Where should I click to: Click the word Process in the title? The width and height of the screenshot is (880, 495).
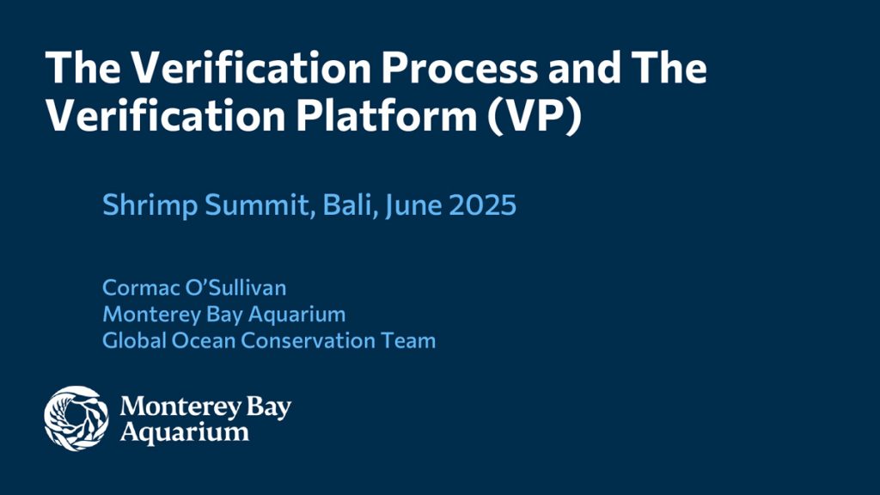click(460, 68)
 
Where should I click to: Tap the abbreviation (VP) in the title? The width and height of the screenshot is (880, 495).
click(535, 117)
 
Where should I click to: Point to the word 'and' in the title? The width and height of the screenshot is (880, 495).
click(584, 67)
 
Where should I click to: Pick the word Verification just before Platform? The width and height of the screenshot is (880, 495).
click(166, 116)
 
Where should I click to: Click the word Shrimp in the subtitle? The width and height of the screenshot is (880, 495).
click(150, 205)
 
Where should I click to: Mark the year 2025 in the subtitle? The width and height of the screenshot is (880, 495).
click(483, 205)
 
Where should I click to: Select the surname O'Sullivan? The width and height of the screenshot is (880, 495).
click(235, 288)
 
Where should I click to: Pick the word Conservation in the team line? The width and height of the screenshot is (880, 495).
click(308, 340)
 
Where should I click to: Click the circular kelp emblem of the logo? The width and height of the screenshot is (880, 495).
click(76, 419)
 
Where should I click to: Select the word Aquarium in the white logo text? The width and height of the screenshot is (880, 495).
click(185, 433)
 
